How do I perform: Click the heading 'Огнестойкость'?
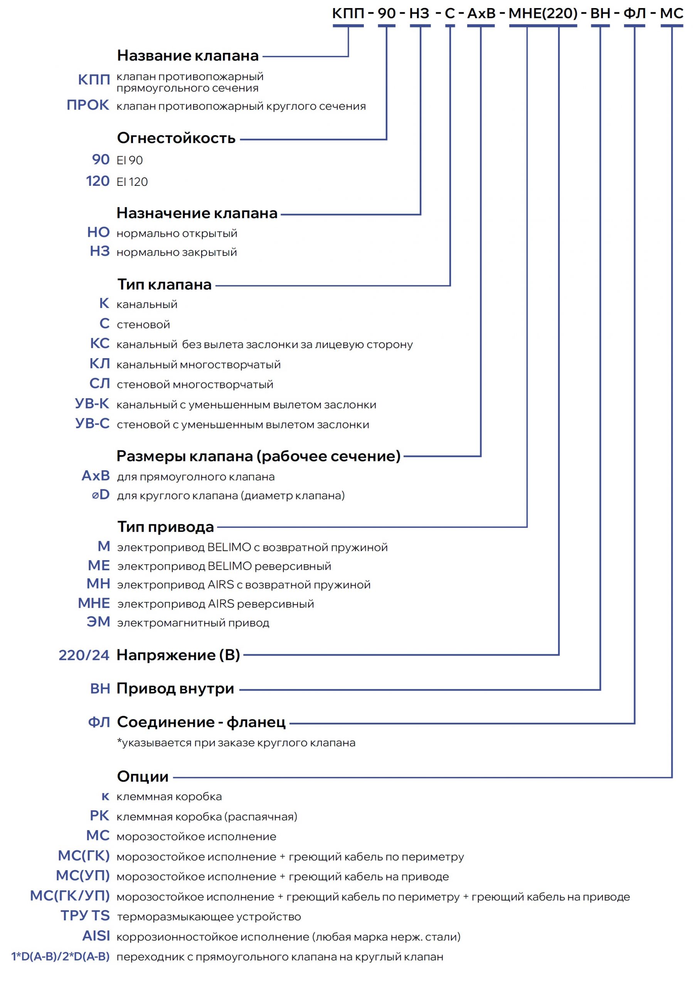coord(176,138)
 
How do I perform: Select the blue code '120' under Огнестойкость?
coord(98,181)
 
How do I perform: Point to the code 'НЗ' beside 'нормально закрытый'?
coord(100,251)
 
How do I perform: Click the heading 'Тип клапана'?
coord(164,285)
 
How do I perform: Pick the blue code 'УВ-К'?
coord(92,403)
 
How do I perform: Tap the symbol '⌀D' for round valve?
coord(101,495)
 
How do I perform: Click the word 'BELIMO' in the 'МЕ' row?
coord(229,566)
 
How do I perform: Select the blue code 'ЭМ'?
coord(98,622)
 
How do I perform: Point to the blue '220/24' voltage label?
coord(84,655)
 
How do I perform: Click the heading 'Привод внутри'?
coord(175,689)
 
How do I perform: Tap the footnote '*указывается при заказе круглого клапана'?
coord(236,743)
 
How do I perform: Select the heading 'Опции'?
coord(143,776)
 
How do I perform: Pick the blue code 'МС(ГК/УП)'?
coord(70,896)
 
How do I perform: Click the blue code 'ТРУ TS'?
coord(85,916)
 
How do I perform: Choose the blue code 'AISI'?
coord(96,936)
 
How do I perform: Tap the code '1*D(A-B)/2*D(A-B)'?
coord(60,957)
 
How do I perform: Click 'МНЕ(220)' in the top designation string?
coord(543,14)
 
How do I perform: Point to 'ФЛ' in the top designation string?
coord(634,14)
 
